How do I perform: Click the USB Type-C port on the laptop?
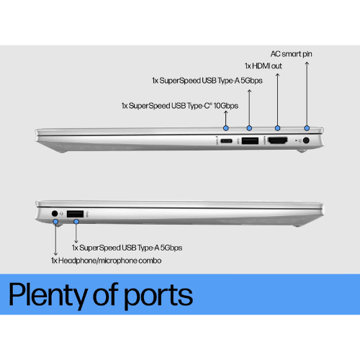point(226,140)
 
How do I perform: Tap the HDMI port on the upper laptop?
point(277,140)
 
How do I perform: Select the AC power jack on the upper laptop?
point(306,140)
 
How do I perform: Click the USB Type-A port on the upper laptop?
point(250,140)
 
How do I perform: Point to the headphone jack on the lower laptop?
point(55,213)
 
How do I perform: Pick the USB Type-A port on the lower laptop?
point(75,214)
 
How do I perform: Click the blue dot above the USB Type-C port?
point(225,128)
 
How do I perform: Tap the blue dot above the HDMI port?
point(277,128)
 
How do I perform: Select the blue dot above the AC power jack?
point(307,128)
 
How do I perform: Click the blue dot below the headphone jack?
point(55,222)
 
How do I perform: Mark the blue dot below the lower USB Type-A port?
point(76,222)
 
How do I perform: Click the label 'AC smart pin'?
point(292,54)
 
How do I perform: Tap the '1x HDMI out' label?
point(264,66)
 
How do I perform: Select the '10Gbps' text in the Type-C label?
point(226,106)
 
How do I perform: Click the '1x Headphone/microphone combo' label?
point(106,261)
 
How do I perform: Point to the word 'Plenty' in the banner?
point(48,295)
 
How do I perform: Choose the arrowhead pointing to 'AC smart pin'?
point(307,63)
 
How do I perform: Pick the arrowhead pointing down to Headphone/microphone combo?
point(55,253)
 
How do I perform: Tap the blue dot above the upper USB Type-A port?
point(249,128)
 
